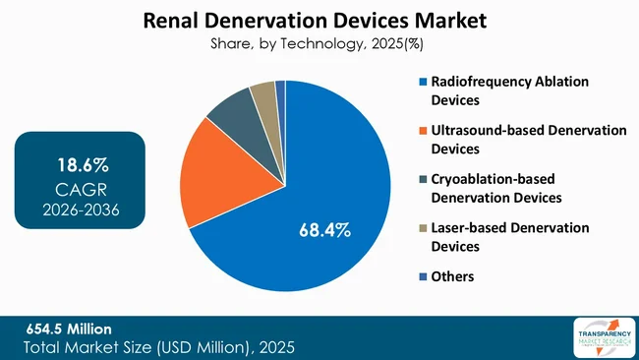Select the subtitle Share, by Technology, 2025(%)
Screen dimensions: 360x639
click(319, 43)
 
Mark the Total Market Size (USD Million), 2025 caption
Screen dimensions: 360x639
click(157, 347)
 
